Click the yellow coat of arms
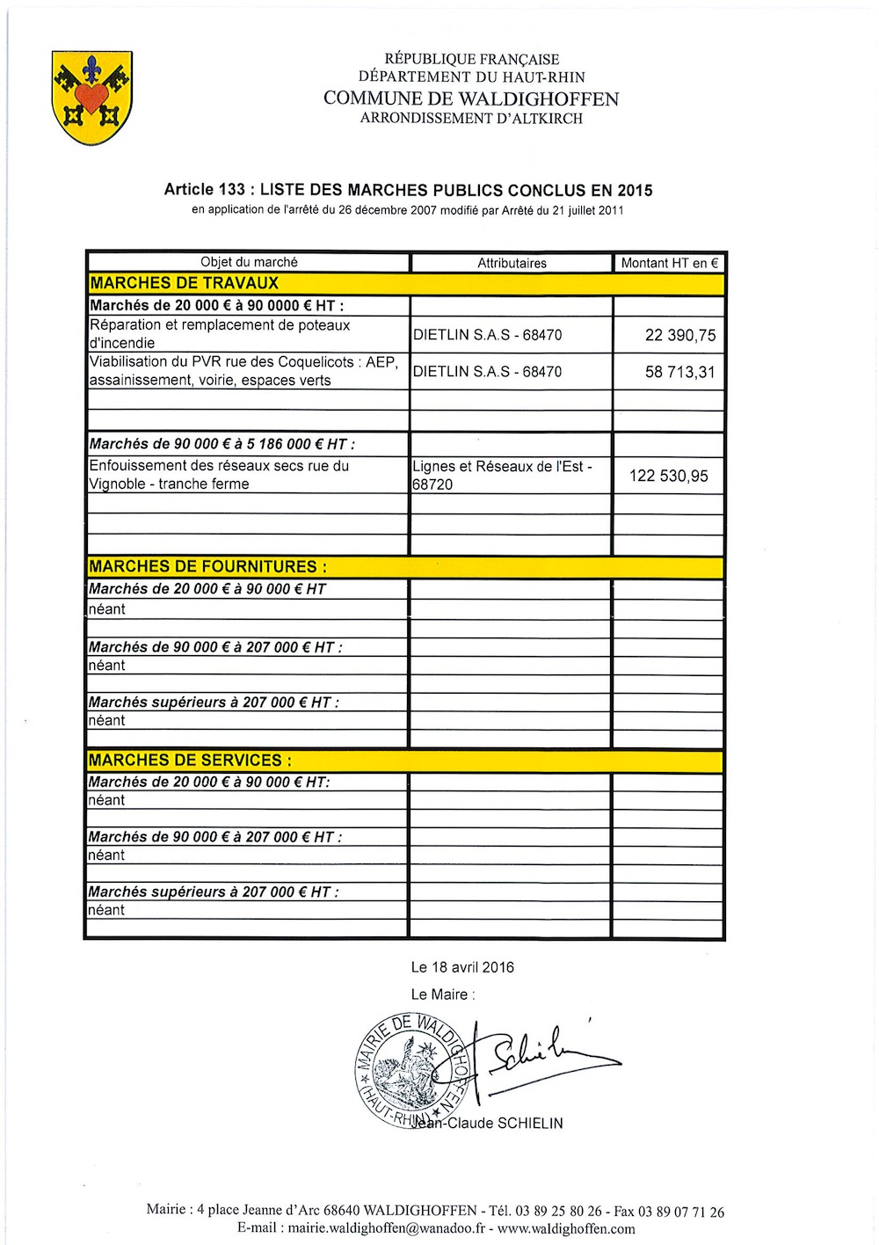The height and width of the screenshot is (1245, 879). [x=92, y=98]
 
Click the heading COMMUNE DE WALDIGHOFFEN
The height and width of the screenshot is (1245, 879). [x=471, y=98]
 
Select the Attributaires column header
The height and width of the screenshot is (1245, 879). [x=512, y=263]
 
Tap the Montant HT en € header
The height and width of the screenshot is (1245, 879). [x=669, y=263]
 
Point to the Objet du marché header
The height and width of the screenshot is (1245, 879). [x=249, y=262]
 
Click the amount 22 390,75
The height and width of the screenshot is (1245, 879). [x=679, y=335]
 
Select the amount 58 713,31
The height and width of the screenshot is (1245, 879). [x=679, y=372]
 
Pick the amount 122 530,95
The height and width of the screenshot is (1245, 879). [x=668, y=476]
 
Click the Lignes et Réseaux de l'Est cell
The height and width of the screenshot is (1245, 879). [x=502, y=475]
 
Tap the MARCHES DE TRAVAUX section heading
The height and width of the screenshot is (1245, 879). [x=184, y=283]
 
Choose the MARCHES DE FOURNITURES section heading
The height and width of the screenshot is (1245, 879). [x=207, y=566]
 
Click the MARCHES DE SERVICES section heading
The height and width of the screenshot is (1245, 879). [x=190, y=760]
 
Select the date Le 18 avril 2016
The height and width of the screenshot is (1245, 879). [x=462, y=967]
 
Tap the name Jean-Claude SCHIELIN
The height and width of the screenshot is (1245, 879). [x=488, y=1123]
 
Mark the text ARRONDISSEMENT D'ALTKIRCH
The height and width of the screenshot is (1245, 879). [x=471, y=118]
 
